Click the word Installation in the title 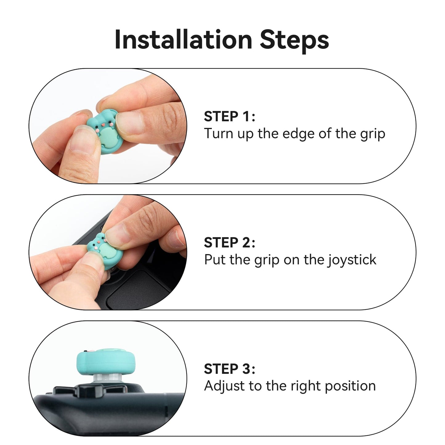click(183, 40)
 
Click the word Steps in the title click(294, 40)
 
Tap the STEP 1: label click(229, 116)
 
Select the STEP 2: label click(229, 243)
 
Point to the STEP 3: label click(229, 369)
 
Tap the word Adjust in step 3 click(222, 386)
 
